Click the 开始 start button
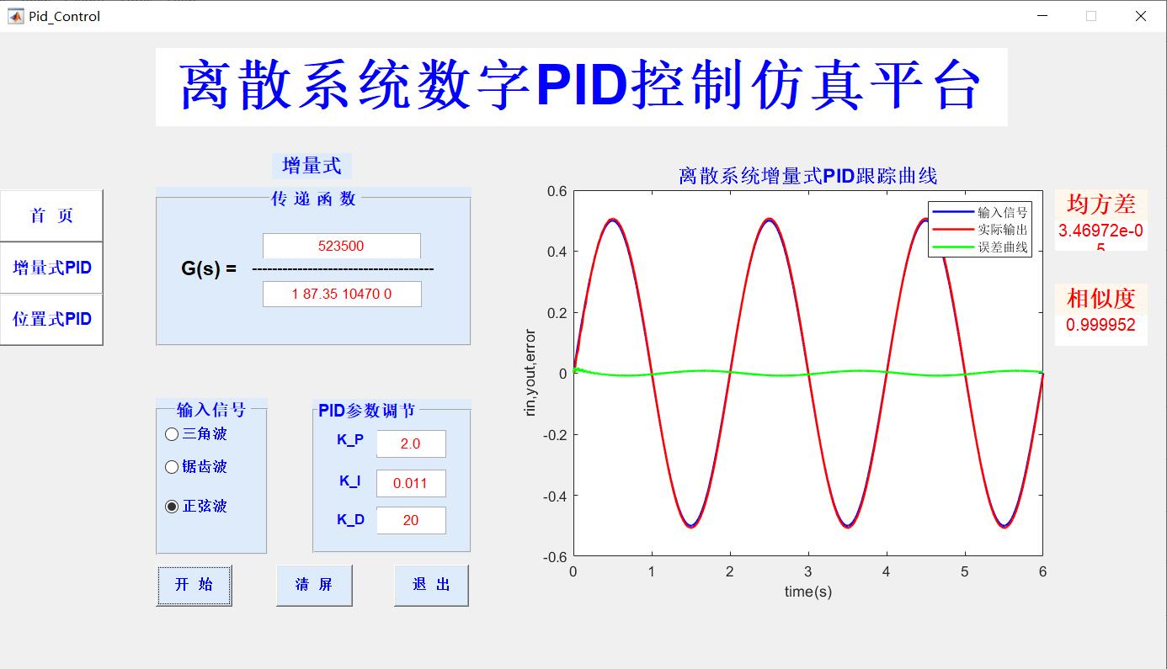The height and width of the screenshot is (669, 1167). click(194, 585)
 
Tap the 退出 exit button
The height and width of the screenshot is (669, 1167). click(431, 585)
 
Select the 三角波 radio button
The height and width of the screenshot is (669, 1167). click(172, 434)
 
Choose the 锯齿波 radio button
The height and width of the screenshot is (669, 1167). click(172, 467)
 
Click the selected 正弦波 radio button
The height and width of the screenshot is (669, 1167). click(172, 507)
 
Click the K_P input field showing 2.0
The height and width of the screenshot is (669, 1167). click(411, 443)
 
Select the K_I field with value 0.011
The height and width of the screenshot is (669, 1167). click(411, 483)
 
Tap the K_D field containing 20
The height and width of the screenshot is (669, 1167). click(411, 520)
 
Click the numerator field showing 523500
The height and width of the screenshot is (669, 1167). click(341, 246)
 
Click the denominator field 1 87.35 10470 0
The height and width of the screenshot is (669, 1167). click(342, 294)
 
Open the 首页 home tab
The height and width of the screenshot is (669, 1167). click(51, 215)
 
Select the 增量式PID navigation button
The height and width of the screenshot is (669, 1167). click(51, 268)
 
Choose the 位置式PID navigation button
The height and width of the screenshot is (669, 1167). click(51, 319)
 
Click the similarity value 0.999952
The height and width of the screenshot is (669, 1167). click(1100, 326)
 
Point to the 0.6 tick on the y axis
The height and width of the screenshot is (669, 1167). click(557, 191)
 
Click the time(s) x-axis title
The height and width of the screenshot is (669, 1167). click(807, 592)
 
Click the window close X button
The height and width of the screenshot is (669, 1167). click(1140, 16)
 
